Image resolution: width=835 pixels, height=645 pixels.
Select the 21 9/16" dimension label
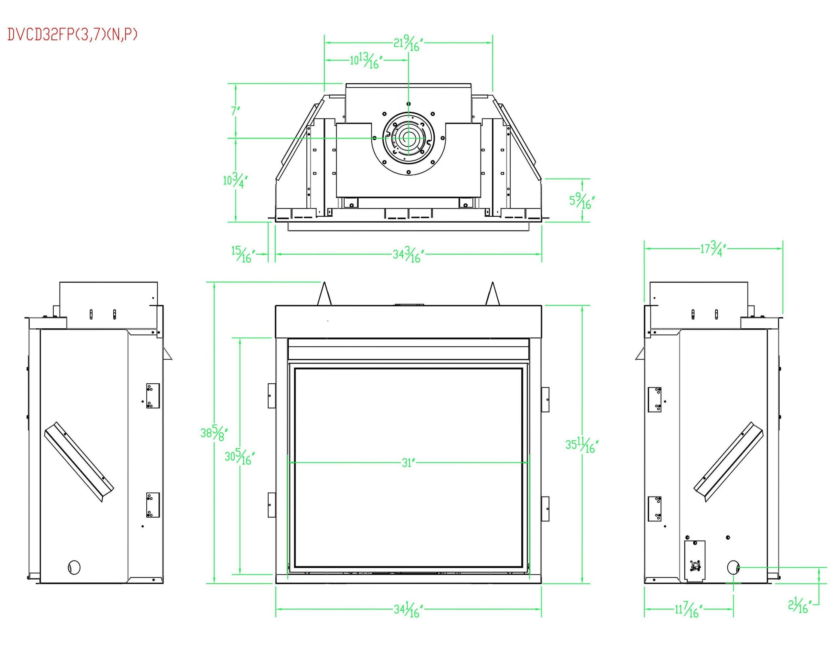pyautogui.click(x=408, y=44)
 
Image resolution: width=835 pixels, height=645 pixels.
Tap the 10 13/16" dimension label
pyautogui.click(x=366, y=61)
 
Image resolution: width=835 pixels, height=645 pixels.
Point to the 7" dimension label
pyautogui.click(x=236, y=111)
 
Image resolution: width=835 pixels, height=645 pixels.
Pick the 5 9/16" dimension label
pyautogui.click(x=582, y=201)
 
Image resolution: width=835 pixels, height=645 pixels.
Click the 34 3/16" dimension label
pyautogui.click(x=408, y=255)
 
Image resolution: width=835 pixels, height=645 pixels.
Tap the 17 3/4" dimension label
pyautogui.click(x=713, y=249)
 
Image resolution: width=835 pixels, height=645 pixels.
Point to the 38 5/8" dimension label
pyautogui.click(x=214, y=433)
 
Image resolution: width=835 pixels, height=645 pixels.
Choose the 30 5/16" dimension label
pyautogui.click(x=239, y=457)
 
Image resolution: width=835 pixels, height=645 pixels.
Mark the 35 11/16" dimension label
pyautogui.click(x=581, y=445)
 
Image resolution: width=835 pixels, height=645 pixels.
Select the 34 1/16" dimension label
pyautogui.click(x=408, y=610)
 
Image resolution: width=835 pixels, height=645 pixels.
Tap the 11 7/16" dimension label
pyautogui.click(x=688, y=610)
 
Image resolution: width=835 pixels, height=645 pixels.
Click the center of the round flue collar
pyautogui.click(x=408, y=138)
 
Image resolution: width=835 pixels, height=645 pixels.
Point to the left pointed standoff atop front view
pyautogui.click(x=324, y=294)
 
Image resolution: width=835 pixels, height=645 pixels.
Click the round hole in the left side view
pyautogui.click(x=74, y=567)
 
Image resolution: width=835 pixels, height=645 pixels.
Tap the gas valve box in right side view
pyautogui.click(x=695, y=561)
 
